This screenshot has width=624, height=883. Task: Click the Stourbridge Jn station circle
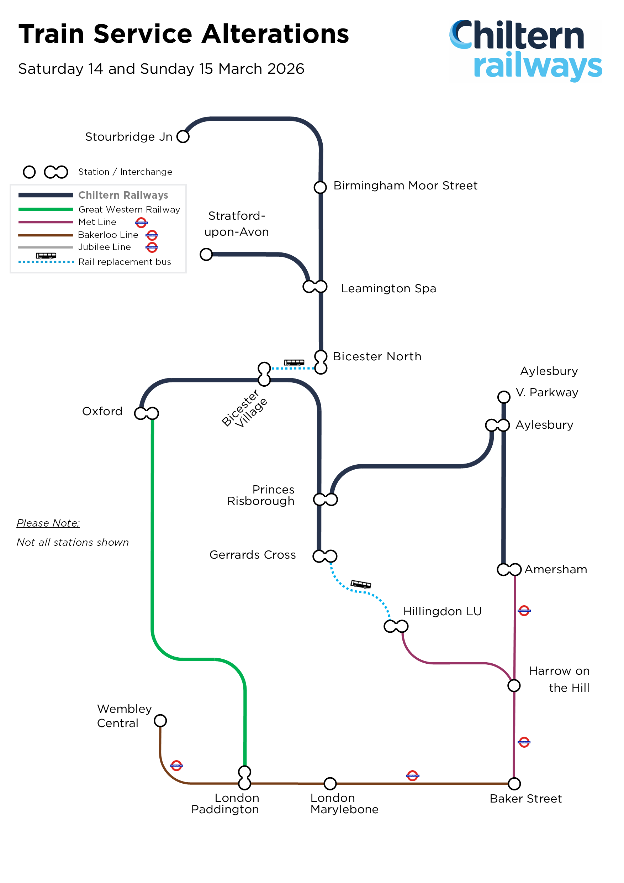pyautogui.click(x=183, y=136)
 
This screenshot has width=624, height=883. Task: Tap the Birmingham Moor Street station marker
pyautogui.click(x=320, y=187)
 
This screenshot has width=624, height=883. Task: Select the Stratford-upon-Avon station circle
pyautogui.click(x=206, y=254)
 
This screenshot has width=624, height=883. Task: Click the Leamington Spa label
pyautogui.click(x=388, y=288)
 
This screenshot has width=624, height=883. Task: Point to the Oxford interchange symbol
pyautogui.click(x=146, y=413)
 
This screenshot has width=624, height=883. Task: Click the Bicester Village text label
pyautogui.click(x=245, y=408)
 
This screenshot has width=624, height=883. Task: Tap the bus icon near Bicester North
pyautogui.click(x=294, y=362)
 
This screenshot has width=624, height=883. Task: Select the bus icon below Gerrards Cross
pyautogui.click(x=361, y=584)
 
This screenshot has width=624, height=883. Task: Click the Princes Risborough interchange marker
pyautogui.click(x=326, y=500)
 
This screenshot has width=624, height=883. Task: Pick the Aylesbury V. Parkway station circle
pyautogui.click(x=504, y=397)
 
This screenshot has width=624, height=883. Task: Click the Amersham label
pyautogui.click(x=556, y=569)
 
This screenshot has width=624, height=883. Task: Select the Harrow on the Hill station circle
pyautogui.click(x=514, y=685)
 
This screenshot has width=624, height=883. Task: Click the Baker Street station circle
pyautogui.click(x=514, y=783)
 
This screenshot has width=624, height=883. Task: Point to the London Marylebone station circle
pyautogui.click(x=330, y=783)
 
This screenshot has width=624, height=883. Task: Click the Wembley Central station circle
pyautogui.click(x=160, y=721)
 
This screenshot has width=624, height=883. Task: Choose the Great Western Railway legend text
pyautogui.click(x=129, y=209)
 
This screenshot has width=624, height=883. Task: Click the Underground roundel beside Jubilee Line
pyautogui.click(x=152, y=247)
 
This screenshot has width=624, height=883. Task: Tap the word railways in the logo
pyautogui.click(x=538, y=66)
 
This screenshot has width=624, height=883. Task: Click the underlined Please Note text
pyautogui.click(x=48, y=523)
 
